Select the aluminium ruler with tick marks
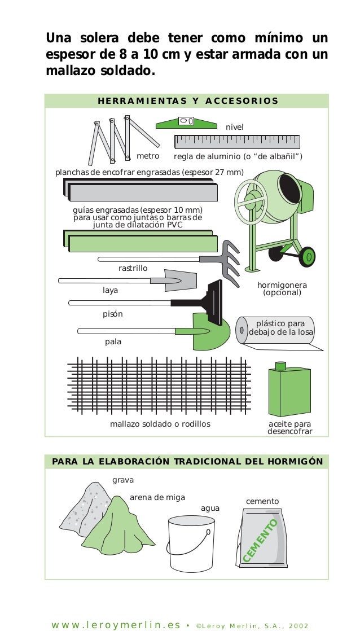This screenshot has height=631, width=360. tap(237, 142)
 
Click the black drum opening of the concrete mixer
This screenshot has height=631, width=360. tap(289, 190)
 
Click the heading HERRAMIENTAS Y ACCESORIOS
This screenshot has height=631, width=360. tap(188, 101)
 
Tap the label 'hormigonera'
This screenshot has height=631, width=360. tap(282, 285)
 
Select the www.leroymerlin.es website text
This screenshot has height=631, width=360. tap(116, 625)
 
